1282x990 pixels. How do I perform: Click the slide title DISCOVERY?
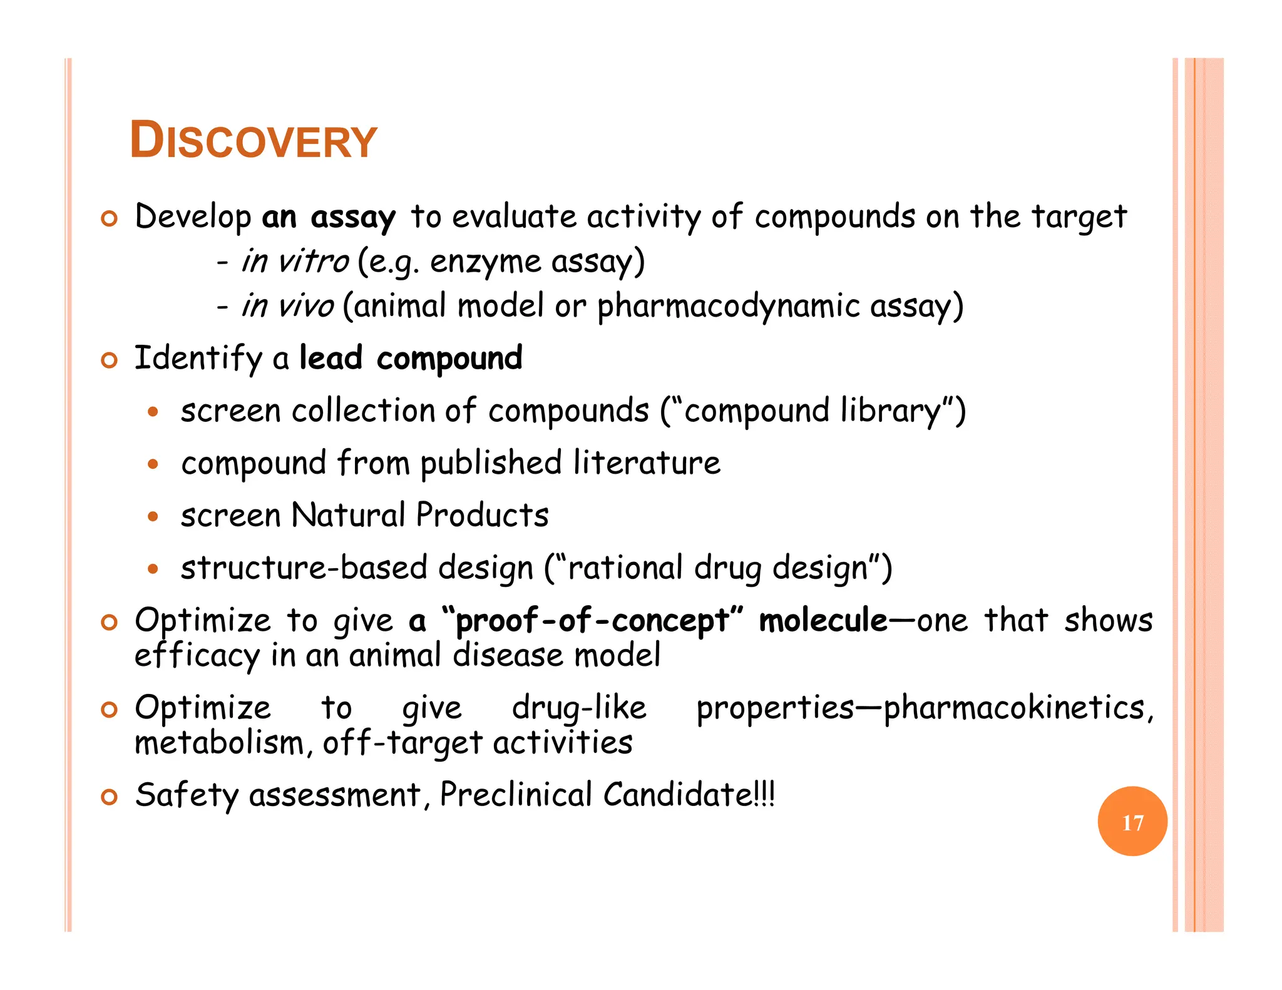click(253, 140)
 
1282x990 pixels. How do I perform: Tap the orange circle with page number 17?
click(1132, 821)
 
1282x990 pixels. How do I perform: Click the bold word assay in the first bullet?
click(353, 218)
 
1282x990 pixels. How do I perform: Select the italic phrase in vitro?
click(295, 261)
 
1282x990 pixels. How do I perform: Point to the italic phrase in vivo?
click(288, 306)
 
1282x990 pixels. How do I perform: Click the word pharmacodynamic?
click(728, 307)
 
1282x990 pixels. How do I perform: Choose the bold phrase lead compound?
click(411, 359)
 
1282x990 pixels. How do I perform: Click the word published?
click(491, 464)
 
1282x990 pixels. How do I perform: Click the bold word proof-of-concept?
click(592, 621)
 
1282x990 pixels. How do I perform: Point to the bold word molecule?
click(823, 621)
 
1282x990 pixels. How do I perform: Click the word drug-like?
click(579, 708)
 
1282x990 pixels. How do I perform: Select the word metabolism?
click(219, 743)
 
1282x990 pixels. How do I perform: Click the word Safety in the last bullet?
click(187, 795)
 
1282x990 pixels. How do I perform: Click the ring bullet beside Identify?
click(110, 360)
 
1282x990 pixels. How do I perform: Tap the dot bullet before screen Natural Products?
click(153, 517)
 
